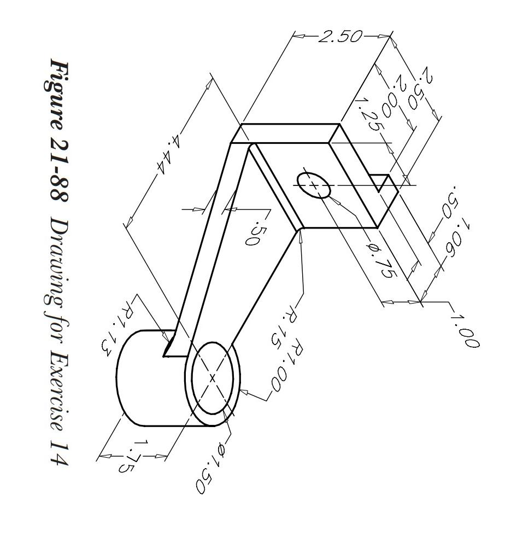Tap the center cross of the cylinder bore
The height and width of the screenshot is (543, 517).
point(213,377)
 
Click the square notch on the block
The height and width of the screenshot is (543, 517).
point(383,184)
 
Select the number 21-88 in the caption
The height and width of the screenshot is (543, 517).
point(58,173)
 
